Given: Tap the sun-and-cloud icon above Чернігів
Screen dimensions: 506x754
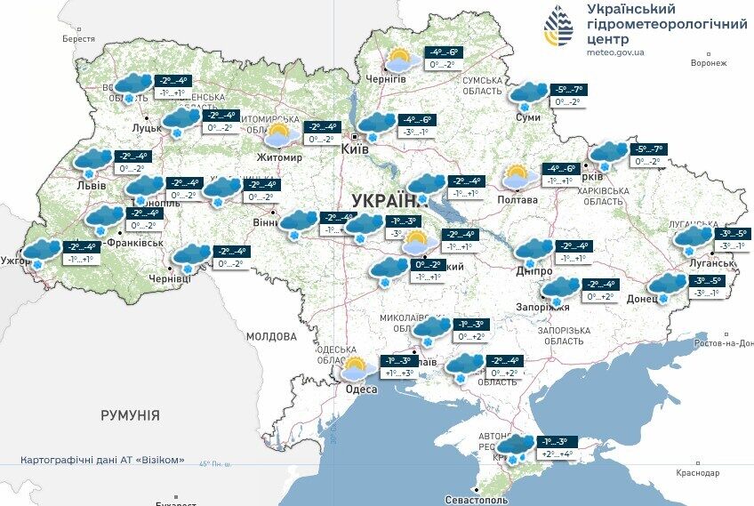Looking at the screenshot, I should point(402,60).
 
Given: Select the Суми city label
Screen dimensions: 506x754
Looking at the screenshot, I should point(528,116).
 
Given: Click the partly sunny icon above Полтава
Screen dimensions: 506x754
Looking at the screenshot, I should point(518,177).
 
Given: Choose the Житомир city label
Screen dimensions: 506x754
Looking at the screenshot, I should point(279,157).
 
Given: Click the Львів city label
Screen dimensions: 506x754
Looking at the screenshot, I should point(92,185).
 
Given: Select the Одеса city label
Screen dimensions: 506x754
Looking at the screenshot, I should point(361,390).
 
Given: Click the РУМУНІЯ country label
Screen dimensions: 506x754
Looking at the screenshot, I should point(130,415).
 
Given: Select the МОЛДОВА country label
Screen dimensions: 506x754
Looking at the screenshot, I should point(270,337).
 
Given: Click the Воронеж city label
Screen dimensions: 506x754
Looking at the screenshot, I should point(709,63).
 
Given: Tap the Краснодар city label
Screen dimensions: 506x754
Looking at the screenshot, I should point(696,473).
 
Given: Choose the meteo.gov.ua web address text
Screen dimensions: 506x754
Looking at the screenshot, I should point(615,52).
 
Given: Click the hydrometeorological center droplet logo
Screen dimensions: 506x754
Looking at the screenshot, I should point(558,28).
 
